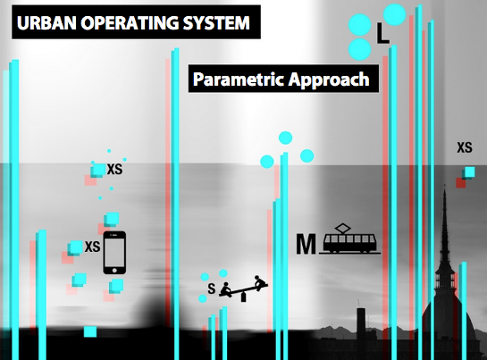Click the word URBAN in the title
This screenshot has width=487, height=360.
tap(46, 22)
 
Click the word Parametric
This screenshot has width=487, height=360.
tap(239, 80)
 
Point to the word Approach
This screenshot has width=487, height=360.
tap(329, 80)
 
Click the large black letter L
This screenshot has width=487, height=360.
tap(382, 33)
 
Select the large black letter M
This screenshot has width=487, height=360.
tap(306, 244)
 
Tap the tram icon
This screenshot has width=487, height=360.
tap(349, 239)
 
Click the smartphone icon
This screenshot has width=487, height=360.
tap(114, 253)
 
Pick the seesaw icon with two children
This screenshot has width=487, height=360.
tap(243, 289)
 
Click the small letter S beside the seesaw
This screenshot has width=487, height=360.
tap(212, 289)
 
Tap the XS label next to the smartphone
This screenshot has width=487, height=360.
tap(93, 247)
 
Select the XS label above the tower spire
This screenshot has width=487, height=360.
tap(465, 147)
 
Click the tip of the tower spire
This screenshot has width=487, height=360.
tap(445, 186)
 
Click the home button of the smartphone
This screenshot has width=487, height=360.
tap(114, 271)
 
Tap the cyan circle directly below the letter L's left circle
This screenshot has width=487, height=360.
tap(359, 49)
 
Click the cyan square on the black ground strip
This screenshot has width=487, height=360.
tap(90, 331)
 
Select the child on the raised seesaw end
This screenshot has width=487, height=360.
tap(259, 282)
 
